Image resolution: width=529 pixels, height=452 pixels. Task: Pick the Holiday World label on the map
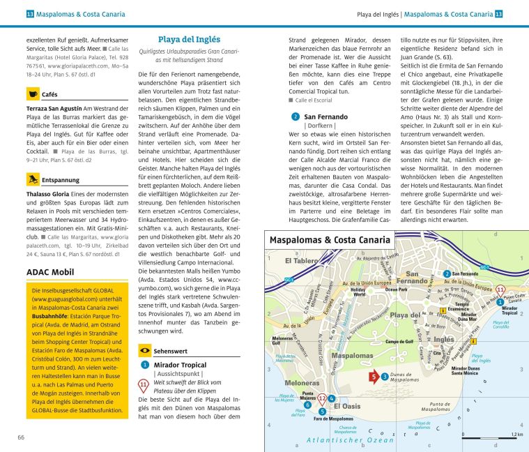(358, 292)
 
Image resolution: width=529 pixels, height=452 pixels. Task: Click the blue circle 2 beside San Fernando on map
(446, 274)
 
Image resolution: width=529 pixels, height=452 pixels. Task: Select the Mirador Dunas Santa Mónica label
(464, 370)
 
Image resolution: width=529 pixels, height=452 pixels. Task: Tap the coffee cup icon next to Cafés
(33, 93)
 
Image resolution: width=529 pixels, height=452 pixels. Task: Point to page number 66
(22, 437)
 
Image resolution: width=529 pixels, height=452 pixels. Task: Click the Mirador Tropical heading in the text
(179, 365)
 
